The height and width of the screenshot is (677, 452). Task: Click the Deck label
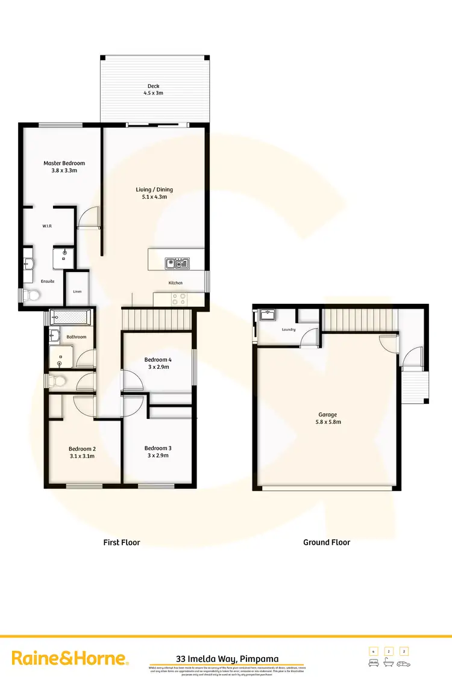tap(153, 86)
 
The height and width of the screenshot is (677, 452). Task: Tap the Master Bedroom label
tap(64, 163)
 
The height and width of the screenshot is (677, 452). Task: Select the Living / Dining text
tap(154, 190)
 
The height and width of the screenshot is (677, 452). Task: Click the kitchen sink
tap(177, 263)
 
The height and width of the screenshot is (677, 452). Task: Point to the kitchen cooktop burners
tap(179, 298)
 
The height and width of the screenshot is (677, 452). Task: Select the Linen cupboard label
tap(77, 291)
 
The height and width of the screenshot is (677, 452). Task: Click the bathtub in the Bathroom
tap(69, 316)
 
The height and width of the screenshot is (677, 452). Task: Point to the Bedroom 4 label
tap(158, 360)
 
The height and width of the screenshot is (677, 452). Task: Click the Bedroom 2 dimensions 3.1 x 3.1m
tap(81, 456)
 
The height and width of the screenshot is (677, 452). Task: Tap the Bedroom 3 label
tap(158, 448)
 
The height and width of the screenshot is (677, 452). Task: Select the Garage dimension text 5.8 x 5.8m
tap(328, 422)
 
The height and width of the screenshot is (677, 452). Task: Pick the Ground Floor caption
tap(326, 542)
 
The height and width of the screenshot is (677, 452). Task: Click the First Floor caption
tap(121, 542)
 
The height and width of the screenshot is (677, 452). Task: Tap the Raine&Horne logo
tap(70, 658)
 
